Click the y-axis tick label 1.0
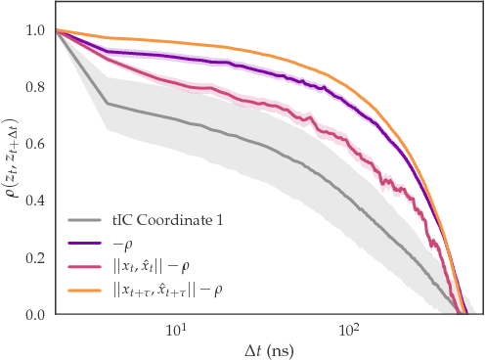click(35, 30)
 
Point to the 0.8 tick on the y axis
click(35, 87)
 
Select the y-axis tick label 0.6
click(35, 144)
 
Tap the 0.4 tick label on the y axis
click(35, 201)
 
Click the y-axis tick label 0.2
click(35, 257)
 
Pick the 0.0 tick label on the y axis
click(35, 314)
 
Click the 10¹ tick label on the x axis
click(177, 330)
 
